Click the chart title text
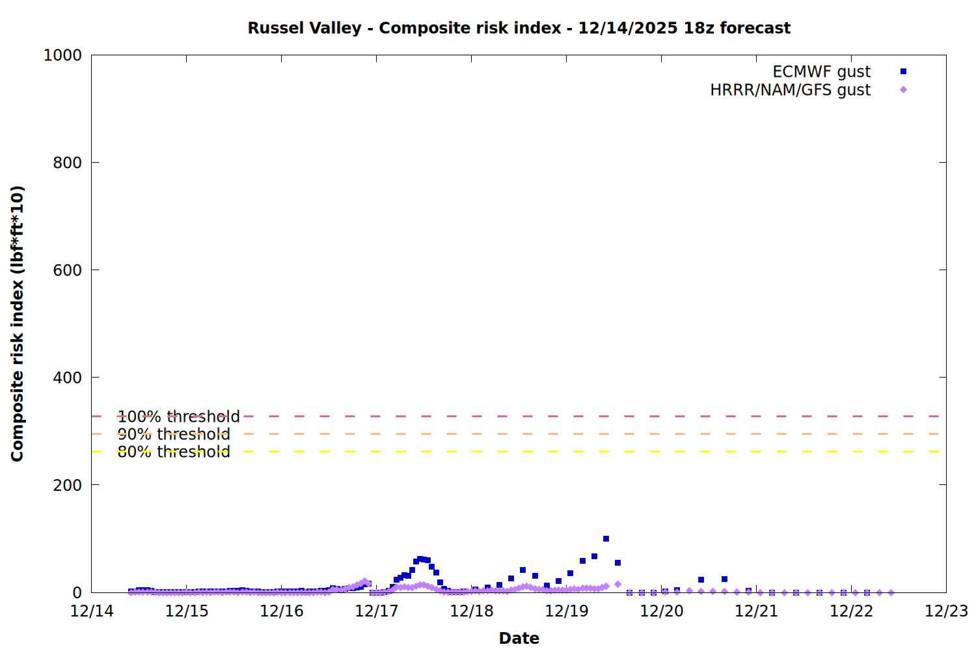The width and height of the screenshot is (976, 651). pyautogui.click(x=519, y=28)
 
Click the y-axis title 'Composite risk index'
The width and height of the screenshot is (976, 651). pyautogui.click(x=18, y=324)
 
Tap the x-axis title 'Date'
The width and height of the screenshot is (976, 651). pyautogui.click(x=519, y=638)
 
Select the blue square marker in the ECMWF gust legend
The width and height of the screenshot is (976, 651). pyautogui.click(x=903, y=72)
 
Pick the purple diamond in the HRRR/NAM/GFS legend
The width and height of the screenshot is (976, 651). pyautogui.click(x=903, y=90)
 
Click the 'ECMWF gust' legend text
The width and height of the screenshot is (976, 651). pyautogui.click(x=821, y=72)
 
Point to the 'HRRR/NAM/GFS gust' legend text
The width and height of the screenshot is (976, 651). pyautogui.click(x=790, y=90)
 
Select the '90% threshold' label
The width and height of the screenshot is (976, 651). pyautogui.click(x=174, y=434)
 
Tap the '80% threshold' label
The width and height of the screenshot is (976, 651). pyautogui.click(x=174, y=452)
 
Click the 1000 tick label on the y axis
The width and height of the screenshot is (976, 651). pyautogui.click(x=62, y=55)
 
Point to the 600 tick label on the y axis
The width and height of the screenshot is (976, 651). pyautogui.click(x=67, y=270)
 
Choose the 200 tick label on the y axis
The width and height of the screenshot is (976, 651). pyautogui.click(x=67, y=485)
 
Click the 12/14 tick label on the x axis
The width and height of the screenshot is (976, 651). pyautogui.click(x=92, y=611)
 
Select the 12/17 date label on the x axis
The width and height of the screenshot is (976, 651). pyautogui.click(x=377, y=611)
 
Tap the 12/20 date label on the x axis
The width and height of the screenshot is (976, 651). pyautogui.click(x=662, y=611)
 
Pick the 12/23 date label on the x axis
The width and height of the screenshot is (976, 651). pyautogui.click(x=947, y=611)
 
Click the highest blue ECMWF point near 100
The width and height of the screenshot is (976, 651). pyautogui.click(x=606, y=539)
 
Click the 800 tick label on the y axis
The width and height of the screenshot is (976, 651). pyautogui.click(x=67, y=163)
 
